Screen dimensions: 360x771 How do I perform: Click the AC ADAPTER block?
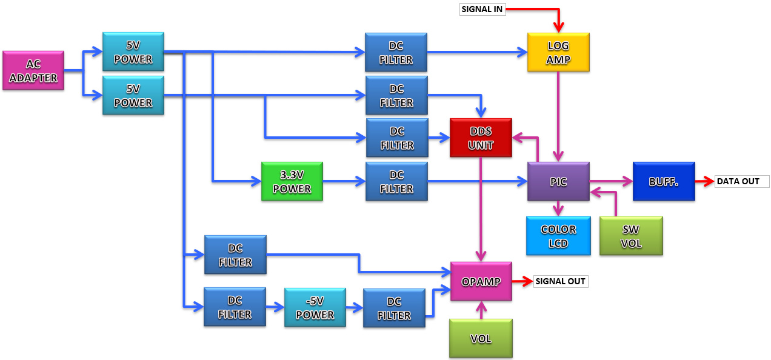click(x=33, y=70)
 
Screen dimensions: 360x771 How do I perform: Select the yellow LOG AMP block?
click(x=558, y=52)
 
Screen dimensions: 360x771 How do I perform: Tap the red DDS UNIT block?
click(x=481, y=138)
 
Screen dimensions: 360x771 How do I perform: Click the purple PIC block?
click(x=558, y=181)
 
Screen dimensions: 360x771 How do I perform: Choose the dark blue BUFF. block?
click(x=664, y=181)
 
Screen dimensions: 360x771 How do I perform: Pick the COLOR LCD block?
click(x=558, y=236)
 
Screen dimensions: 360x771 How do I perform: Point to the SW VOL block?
click(x=631, y=236)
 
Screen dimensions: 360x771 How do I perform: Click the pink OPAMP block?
click(x=481, y=281)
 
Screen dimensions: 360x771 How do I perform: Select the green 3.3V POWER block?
click(x=292, y=181)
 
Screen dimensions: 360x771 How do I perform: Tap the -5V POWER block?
click(x=315, y=307)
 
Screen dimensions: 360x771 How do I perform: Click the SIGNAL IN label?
click(x=482, y=9)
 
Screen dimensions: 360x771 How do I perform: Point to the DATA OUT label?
click(x=741, y=181)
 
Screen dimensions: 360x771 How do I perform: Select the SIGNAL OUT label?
click(x=560, y=281)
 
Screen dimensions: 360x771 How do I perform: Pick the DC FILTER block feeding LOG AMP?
click(x=396, y=52)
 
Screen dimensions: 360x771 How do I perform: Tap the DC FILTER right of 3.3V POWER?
click(x=396, y=181)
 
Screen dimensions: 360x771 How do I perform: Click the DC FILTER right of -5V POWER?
click(x=394, y=308)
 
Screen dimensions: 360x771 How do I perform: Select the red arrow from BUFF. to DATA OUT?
click(x=704, y=181)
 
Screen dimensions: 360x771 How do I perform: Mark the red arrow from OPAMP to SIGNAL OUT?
click(x=522, y=281)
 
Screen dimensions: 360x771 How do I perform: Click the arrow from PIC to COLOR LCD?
click(x=558, y=208)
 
